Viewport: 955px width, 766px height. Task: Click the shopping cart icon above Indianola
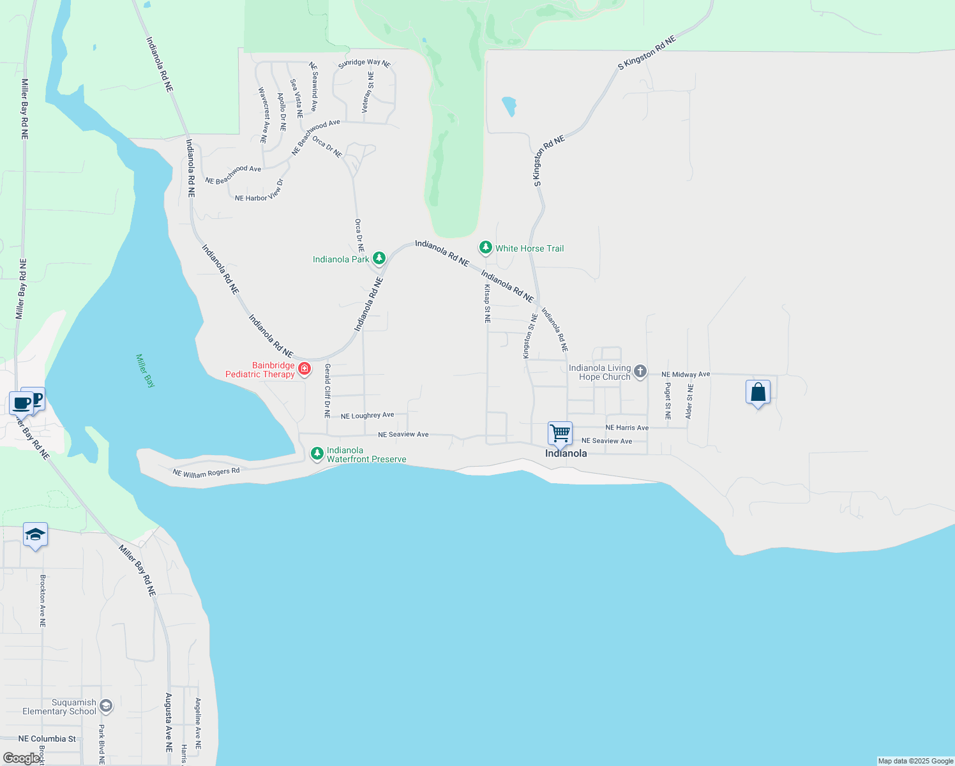pos(560,433)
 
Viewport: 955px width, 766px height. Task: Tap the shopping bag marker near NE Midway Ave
pos(758,392)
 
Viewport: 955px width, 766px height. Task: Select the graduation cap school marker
pos(35,535)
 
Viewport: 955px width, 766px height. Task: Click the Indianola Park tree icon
pos(379,258)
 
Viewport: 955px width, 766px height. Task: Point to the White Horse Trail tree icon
pos(486,248)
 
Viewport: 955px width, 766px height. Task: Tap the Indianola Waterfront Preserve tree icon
pos(317,453)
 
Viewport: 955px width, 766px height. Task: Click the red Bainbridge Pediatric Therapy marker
pos(305,368)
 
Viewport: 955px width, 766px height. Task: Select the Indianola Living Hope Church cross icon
pos(640,372)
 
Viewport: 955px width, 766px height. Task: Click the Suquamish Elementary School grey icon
pos(106,705)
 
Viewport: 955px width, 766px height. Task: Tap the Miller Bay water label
pos(146,371)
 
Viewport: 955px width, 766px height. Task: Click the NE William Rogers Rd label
pos(206,472)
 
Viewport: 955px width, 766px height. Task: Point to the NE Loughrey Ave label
pos(367,416)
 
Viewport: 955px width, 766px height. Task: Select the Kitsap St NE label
pos(487,304)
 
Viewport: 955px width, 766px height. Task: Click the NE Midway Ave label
pos(685,375)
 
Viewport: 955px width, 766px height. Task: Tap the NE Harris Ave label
pos(626,428)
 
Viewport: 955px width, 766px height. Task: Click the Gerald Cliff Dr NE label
pos(327,391)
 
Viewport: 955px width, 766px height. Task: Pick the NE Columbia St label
pos(47,739)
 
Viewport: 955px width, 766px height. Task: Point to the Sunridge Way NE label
pos(364,63)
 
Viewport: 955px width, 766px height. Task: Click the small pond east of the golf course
pos(509,106)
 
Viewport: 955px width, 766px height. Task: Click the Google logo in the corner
pos(21,758)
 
